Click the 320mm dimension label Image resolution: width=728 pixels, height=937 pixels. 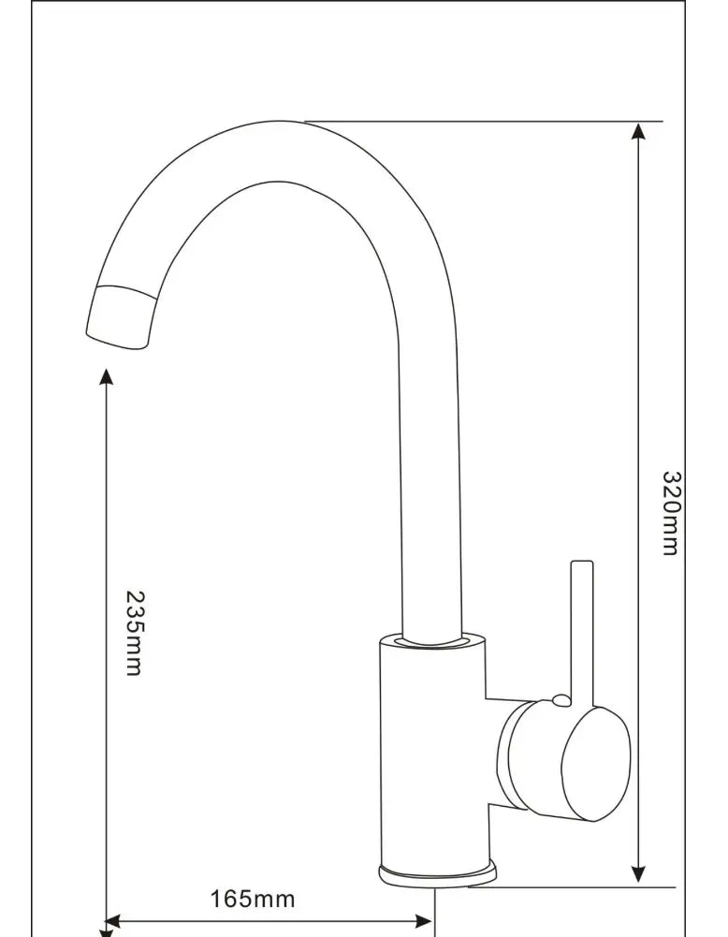click(671, 513)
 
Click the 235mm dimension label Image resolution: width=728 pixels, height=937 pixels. click(134, 633)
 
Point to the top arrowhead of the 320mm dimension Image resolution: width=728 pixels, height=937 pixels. click(638, 131)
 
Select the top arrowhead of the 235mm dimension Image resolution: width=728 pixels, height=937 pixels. click(106, 376)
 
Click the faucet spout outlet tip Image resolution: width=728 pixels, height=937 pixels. click(119, 318)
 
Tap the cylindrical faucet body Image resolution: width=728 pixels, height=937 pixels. click(430, 749)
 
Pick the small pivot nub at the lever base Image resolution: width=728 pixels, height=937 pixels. click(559, 698)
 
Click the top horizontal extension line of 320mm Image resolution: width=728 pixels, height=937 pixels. click(487, 122)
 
